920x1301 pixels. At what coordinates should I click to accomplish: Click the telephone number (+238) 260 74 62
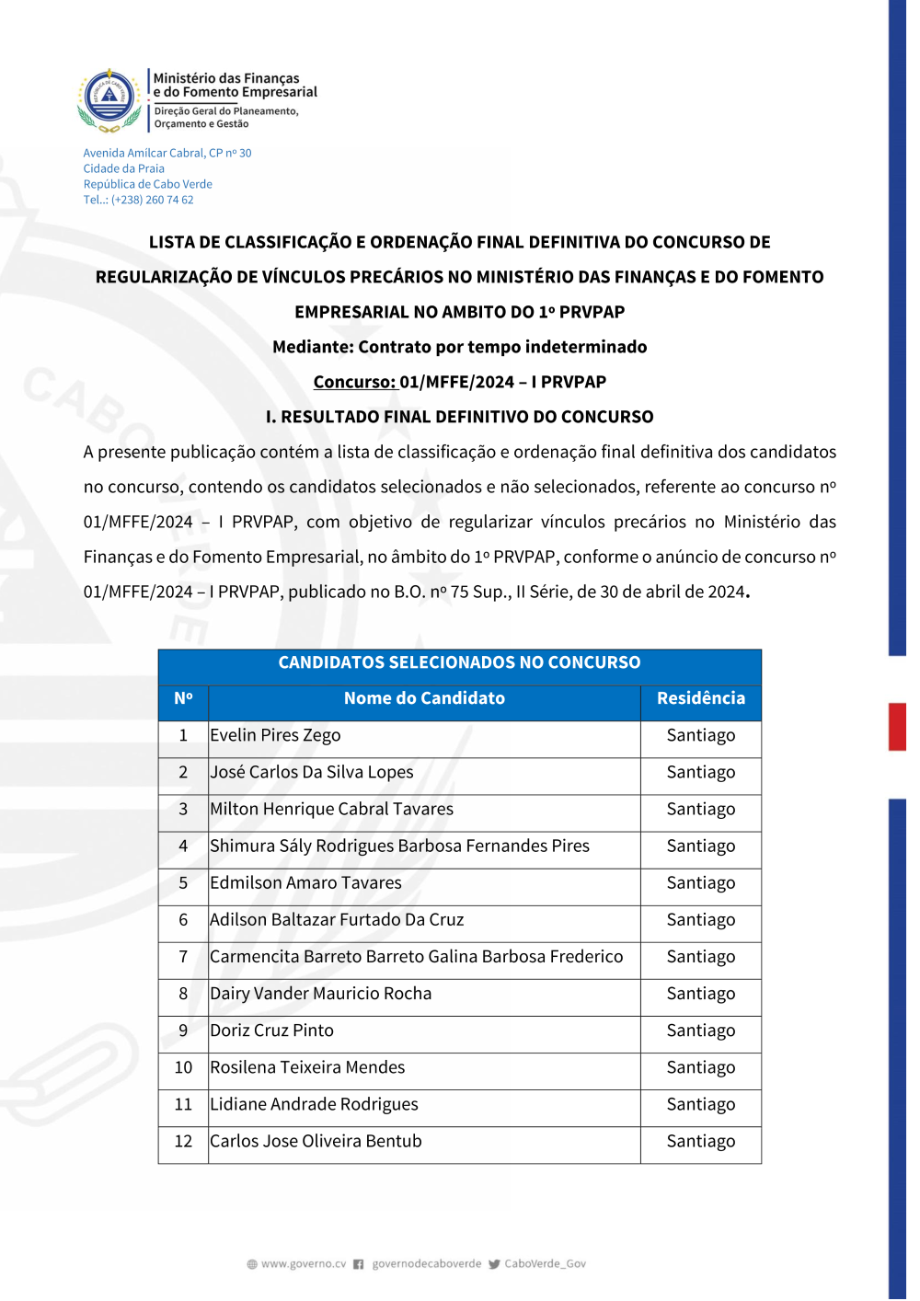pos(153,200)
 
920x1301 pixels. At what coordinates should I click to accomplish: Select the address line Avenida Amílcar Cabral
pos(167,153)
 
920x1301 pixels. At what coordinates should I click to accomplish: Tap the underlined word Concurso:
pos(354,382)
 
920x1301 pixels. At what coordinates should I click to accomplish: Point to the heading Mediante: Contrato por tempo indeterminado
pos(459,347)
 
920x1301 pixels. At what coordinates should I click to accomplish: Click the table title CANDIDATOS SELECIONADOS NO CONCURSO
pos(459,662)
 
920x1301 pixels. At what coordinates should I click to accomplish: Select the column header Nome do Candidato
pos(424,698)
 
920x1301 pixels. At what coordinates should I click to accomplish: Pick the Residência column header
pos(700,698)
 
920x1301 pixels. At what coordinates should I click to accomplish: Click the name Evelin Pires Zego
pos(275,735)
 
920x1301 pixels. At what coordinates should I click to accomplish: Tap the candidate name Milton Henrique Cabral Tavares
pos(331,809)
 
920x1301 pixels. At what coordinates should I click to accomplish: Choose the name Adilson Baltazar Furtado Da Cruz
pos(337,919)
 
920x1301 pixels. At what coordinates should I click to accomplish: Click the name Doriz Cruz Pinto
pos(271,1030)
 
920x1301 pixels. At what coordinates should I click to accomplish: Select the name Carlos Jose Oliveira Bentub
pos(316,1141)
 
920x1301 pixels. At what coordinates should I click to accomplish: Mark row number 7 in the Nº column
pos(183,957)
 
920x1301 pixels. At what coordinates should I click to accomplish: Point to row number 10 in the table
pos(183,1067)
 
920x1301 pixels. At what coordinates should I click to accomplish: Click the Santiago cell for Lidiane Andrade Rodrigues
pos(700,1104)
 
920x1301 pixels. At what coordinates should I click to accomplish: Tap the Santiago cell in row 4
pos(700,846)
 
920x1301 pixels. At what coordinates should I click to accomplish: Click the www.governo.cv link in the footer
pos(303,1264)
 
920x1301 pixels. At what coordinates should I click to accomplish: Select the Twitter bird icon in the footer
pos(494,1264)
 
